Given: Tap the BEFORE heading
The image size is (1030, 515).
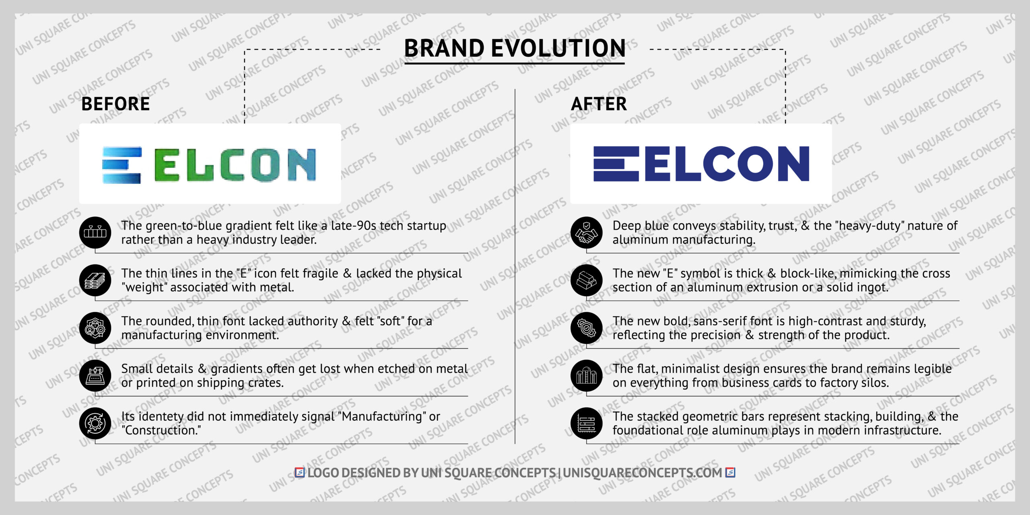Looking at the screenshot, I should [x=115, y=104].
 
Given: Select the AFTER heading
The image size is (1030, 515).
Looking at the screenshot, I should [x=599, y=104].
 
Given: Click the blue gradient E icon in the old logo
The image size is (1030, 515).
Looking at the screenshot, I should [x=122, y=165].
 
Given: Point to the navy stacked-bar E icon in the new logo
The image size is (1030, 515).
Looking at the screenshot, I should [x=616, y=164].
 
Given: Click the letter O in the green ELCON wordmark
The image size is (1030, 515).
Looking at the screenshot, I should [x=267, y=165].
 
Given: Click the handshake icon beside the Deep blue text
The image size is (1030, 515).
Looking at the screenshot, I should [x=586, y=233].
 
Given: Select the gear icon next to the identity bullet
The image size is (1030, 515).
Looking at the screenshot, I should [x=95, y=423].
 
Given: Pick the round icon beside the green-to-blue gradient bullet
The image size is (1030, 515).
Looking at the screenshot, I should [x=95, y=233].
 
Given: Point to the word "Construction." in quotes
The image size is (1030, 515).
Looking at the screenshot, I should [x=161, y=431].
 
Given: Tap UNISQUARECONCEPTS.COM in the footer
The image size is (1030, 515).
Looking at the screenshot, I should [x=642, y=473].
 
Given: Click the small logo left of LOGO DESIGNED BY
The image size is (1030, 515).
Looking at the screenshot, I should [x=300, y=472].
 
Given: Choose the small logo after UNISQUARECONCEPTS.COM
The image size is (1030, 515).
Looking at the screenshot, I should [x=730, y=472].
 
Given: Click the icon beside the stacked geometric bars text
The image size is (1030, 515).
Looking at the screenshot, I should [x=586, y=423].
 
